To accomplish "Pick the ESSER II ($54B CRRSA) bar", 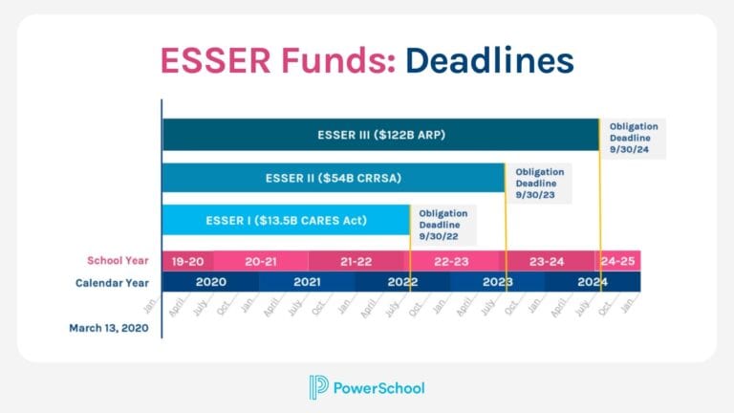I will click(333, 177).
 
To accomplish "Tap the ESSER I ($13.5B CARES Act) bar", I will click(286, 220).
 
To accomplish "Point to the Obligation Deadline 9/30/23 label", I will click(540, 183).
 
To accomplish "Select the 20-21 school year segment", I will click(261, 261).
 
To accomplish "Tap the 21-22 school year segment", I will click(356, 261).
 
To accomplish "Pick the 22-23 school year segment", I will click(451, 261).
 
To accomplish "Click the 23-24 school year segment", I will click(547, 261).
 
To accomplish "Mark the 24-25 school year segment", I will click(617, 261).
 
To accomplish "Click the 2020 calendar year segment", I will click(210, 282).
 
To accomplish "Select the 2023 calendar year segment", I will click(497, 282).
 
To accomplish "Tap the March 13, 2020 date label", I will click(108, 327).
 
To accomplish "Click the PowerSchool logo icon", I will click(318, 387).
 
